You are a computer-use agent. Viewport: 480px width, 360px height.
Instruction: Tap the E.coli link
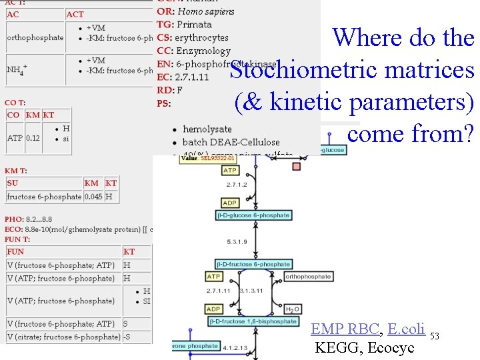[x=405, y=329]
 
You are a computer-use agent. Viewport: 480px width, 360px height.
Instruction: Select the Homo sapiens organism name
[x=206, y=11]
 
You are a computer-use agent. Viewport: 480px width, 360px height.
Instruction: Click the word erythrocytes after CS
[x=201, y=38]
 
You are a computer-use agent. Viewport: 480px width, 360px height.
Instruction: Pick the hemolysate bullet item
[x=207, y=129]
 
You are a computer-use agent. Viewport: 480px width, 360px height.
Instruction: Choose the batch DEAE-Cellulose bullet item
[x=231, y=142]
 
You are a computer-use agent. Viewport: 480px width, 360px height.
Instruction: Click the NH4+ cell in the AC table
[x=17, y=68]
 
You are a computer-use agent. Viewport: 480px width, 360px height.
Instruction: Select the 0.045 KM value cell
[x=93, y=197]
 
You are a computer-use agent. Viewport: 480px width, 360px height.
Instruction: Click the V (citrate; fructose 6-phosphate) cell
[x=64, y=337]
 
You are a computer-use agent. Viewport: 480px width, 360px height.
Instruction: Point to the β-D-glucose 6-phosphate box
[x=253, y=215]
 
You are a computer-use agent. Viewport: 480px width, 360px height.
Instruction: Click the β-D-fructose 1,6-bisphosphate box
[x=253, y=321]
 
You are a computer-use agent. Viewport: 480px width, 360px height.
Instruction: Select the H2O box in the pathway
[x=292, y=310]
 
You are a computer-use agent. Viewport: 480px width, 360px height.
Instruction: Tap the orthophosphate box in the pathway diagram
[x=308, y=277]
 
